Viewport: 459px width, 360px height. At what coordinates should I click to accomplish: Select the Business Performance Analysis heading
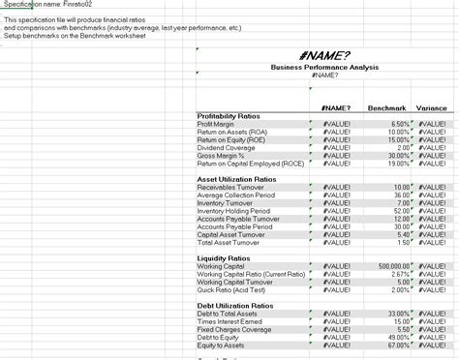pyautogui.click(x=324, y=67)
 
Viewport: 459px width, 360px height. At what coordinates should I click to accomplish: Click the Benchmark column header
pyautogui.click(x=387, y=107)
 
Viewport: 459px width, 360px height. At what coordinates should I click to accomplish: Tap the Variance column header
pyautogui.click(x=431, y=107)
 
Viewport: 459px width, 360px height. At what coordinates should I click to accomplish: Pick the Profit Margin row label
pyautogui.click(x=217, y=124)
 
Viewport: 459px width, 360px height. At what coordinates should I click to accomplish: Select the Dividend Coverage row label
pyautogui.click(x=226, y=147)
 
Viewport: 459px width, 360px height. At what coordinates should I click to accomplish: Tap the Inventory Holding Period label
pyautogui.click(x=233, y=211)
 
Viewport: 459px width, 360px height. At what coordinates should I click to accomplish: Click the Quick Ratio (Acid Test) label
pyautogui.click(x=232, y=289)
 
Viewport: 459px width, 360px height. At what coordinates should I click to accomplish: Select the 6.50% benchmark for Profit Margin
pyautogui.click(x=399, y=124)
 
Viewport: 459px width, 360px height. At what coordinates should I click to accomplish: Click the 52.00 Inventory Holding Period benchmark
pyautogui.click(x=402, y=211)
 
